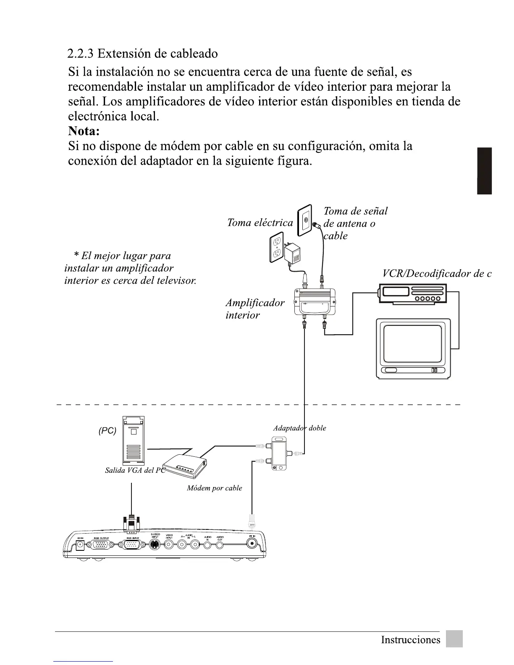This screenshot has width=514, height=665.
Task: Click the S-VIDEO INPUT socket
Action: pos(155,545)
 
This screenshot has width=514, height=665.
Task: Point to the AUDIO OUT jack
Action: pos(220,545)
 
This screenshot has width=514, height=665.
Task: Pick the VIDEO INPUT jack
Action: pos(169,545)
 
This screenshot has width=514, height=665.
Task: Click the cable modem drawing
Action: pos(185,466)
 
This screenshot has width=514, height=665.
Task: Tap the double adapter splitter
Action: pos(279,453)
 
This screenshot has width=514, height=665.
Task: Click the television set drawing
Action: pos(413,348)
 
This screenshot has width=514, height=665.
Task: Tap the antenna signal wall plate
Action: pos(305,221)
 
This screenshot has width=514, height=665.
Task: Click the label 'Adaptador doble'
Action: pos(299,428)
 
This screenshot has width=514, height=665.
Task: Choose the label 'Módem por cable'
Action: pos(214,488)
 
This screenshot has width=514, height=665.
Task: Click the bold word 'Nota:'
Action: pos(84,131)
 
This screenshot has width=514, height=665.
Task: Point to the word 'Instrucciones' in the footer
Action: pos(410,640)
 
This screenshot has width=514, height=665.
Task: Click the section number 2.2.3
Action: pos(81,54)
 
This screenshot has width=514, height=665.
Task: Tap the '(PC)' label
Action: pos(108,431)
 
